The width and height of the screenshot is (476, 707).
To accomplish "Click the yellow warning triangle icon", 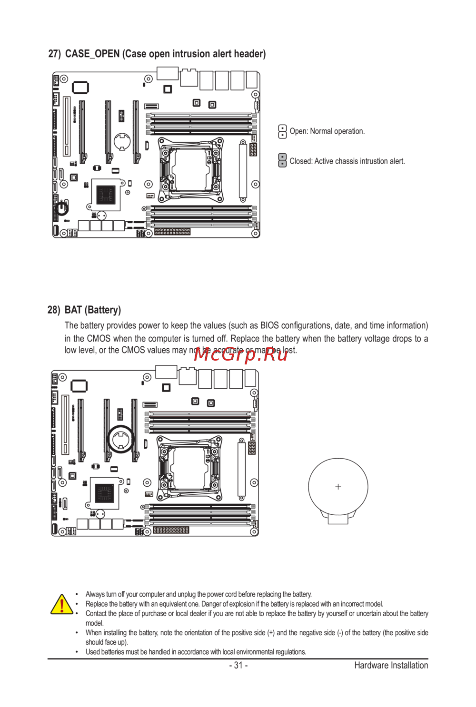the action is pyautogui.click(x=62, y=604).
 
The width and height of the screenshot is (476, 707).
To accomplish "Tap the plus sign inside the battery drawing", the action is pyautogui.click(x=338, y=487).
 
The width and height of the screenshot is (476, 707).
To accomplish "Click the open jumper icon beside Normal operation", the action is pyautogui.click(x=282, y=132).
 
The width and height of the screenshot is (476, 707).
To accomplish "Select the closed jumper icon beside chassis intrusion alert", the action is pyautogui.click(x=282, y=160).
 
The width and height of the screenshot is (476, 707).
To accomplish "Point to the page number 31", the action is pyautogui.click(x=238, y=665).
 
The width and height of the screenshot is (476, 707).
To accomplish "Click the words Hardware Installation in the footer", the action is pyautogui.click(x=391, y=665).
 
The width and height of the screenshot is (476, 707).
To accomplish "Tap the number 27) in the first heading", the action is pyautogui.click(x=54, y=54).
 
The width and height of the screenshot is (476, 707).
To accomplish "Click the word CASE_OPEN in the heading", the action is pyautogui.click(x=92, y=54).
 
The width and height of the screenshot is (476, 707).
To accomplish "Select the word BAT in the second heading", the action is pyautogui.click(x=73, y=310).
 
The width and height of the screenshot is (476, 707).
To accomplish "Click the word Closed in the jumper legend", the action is pyautogui.click(x=301, y=161).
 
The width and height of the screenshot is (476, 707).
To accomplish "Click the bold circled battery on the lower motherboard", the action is pyautogui.click(x=121, y=439).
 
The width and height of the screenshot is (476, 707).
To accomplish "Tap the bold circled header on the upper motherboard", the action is pyautogui.click(x=62, y=208).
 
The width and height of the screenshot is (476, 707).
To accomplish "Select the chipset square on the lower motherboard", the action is pyautogui.click(x=104, y=493).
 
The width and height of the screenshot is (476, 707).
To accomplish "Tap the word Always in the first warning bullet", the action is pyautogui.click(x=95, y=594).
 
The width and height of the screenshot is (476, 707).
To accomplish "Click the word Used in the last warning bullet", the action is pyautogui.click(x=91, y=652).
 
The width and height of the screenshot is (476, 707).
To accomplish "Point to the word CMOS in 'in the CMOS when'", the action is pyautogui.click(x=99, y=339).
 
